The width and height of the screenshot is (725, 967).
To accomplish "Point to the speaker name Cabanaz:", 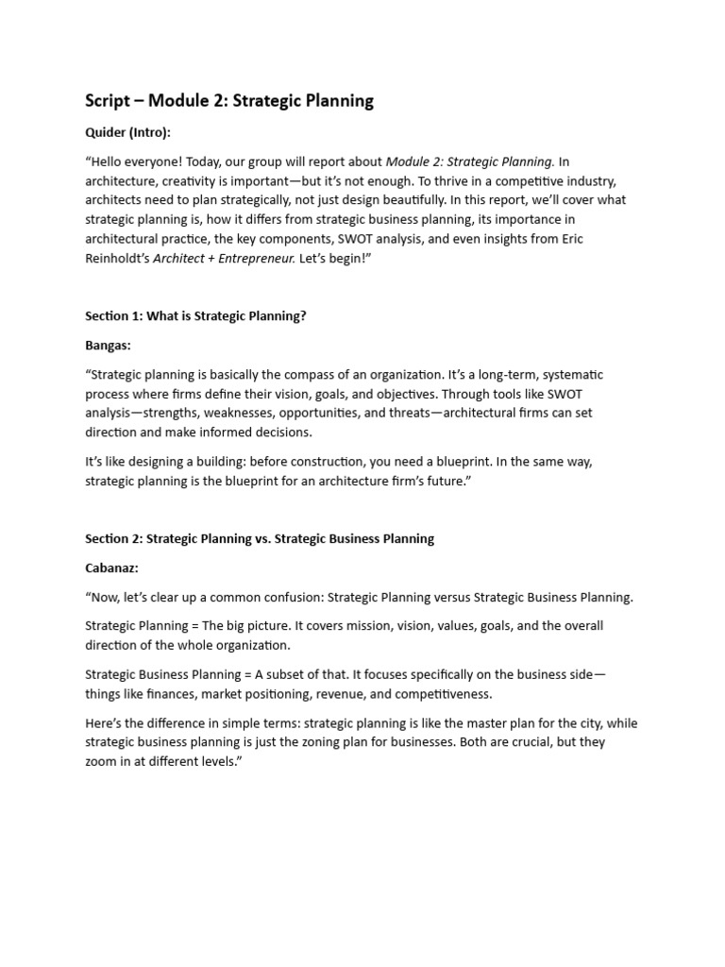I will click(x=111, y=568).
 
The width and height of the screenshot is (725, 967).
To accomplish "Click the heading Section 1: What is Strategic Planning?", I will click(x=195, y=316).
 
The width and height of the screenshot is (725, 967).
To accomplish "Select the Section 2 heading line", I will click(x=260, y=538).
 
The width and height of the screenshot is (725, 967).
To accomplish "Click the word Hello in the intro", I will click(x=111, y=161).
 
